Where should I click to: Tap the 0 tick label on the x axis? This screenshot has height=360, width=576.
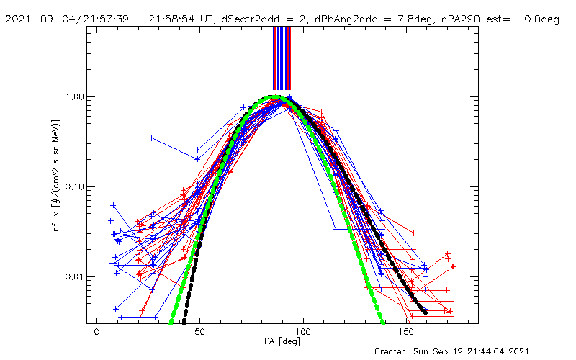pyautogui.click(x=97, y=333)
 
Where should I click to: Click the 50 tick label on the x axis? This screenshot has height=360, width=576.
pyautogui.click(x=200, y=333)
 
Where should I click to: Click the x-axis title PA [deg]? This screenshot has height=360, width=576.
pyautogui.click(x=278, y=343)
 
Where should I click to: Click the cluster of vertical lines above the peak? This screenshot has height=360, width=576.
pyautogui.click(x=283, y=58)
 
